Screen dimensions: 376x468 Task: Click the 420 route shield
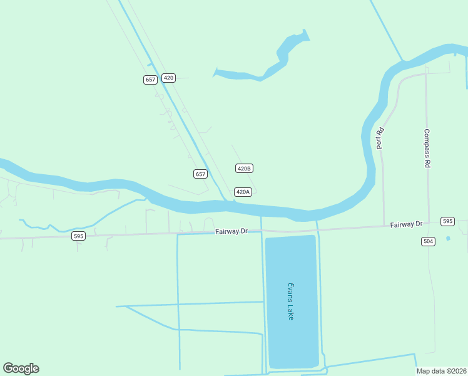tap(168, 78)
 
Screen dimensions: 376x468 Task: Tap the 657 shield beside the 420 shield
tap(150, 80)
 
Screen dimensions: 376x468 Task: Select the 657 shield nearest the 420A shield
tap(200, 174)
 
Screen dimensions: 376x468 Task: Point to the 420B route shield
tap(244, 168)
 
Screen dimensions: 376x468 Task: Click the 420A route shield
tap(243, 192)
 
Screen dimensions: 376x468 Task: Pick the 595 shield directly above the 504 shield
tap(447, 221)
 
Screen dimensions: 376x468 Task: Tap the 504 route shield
tap(428, 241)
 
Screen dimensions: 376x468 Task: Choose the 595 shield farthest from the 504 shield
tap(78, 236)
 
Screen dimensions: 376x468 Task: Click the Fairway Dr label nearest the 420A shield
tap(231, 231)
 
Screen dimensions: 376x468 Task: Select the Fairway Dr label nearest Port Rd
tap(407, 224)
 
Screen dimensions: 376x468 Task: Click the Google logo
tap(21, 368)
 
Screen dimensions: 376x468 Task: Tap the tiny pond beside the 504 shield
tap(448, 238)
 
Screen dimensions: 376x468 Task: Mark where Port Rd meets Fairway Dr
tap(384, 226)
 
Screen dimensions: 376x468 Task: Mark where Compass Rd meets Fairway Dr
tap(429, 224)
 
